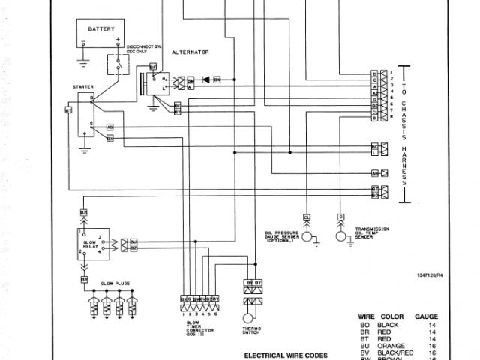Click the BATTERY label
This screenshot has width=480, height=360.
click(102, 28)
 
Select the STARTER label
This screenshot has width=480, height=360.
click(83, 87)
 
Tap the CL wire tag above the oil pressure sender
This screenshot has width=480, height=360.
click(306, 217)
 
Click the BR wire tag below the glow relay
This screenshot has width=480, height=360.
click(84, 280)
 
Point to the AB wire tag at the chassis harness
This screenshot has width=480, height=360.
click(375, 172)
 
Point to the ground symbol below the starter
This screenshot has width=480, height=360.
click(85, 150)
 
